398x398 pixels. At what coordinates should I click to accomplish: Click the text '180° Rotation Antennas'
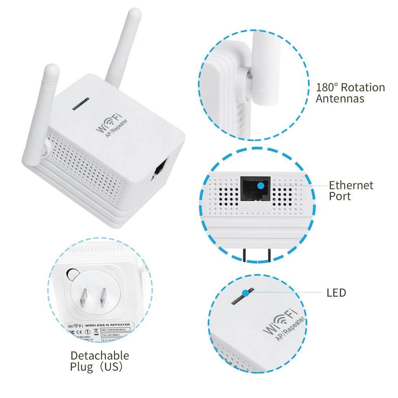pos(350,93)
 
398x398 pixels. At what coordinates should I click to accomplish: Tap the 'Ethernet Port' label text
pos(351,190)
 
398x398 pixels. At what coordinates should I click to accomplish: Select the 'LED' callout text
pos(336,293)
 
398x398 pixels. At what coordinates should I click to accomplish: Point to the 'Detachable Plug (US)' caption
pos(99,361)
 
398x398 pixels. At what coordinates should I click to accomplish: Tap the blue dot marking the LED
pos(246,293)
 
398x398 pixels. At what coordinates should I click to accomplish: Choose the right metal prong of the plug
pos(103,297)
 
